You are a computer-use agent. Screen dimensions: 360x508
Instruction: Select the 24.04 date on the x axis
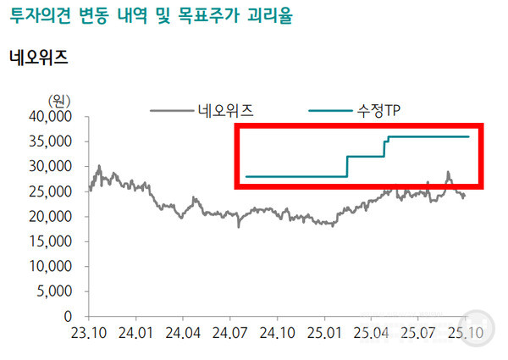click(x=184, y=332)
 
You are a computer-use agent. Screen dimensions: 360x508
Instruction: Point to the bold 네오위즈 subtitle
click(x=37, y=58)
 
